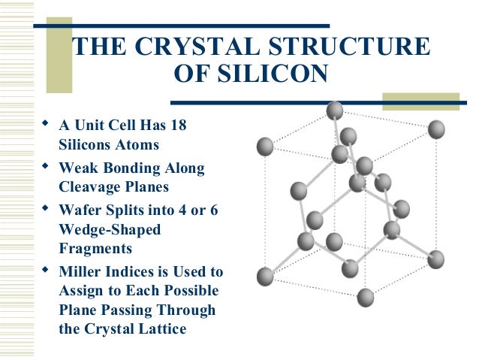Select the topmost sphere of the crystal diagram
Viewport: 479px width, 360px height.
[335, 111]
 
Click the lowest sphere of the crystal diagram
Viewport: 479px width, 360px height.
[365, 297]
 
